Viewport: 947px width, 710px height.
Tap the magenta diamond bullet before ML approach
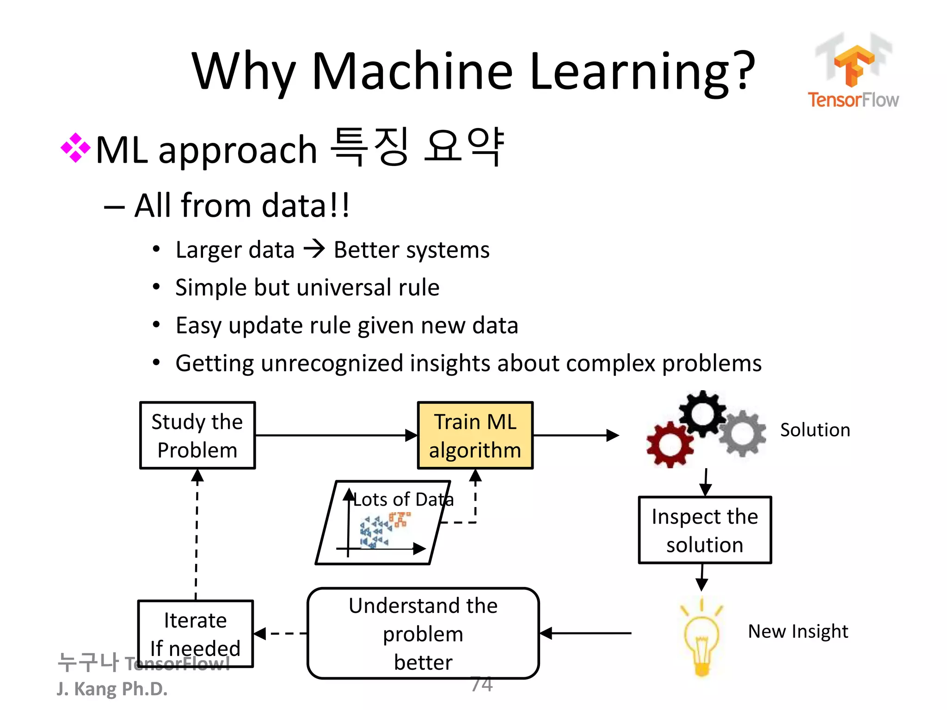point(75,148)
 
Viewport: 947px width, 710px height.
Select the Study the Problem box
point(197,435)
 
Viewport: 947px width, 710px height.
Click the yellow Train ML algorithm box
point(475,435)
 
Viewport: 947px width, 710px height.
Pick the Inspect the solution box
point(704,530)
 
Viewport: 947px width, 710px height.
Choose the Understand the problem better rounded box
point(423,633)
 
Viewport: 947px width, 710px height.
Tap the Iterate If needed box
point(195,633)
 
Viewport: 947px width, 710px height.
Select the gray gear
point(742,434)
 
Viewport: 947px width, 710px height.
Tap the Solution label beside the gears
point(815,430)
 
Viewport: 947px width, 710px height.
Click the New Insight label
point(798,631)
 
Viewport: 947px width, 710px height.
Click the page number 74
point(481,684)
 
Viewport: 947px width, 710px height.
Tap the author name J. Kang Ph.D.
point(112,689)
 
